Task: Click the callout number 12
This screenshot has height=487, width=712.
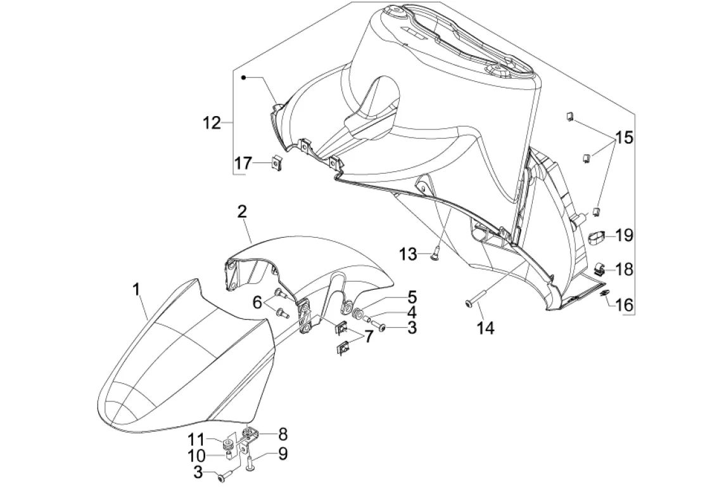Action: pyautogui.click(x=212, y=123)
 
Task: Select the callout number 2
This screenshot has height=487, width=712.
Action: pyautogui.click(x=242, y=212)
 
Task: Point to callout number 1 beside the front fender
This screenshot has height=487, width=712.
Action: pyautogui.click(x=136, y=290)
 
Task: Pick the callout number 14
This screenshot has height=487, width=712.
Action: pyautogui.click(x=486, y=328)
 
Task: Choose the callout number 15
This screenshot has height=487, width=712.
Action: pyautogui.click(x=624, y=138)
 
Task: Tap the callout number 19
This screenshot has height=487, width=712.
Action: pyautogui.click(x=624, y=236)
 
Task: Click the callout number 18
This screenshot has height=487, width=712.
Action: pyautogui.click(x=624, y=269)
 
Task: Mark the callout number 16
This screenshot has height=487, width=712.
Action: pyautogui.click(x=624, y=305)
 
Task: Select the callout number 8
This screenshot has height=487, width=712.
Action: pyautogui.click(x=283, y=434)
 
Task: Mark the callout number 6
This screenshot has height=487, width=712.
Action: pyautogui.click(x=258, y=303)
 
